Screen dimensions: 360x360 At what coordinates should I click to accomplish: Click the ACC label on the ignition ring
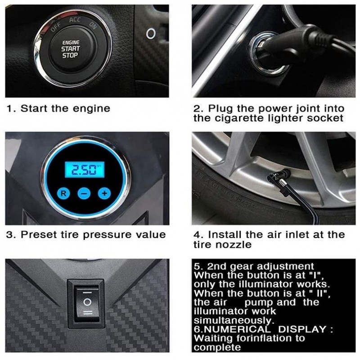(x=75, y=20)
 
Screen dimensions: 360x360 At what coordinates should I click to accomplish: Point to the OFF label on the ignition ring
(x=55, y=27)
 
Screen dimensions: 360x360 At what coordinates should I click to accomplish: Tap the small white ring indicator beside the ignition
(x=151, y=33)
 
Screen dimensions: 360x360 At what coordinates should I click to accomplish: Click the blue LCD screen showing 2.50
(x=84, y=170)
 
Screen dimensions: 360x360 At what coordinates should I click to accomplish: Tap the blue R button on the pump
(x=63, y=193)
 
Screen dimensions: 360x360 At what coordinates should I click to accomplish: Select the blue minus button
(x=84, y=193)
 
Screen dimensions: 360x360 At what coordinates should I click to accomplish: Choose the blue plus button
(x=104, y=193)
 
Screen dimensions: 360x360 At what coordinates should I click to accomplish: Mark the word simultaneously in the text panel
(x=234, y=320)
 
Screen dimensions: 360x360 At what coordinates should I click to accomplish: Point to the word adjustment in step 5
(x=285, y=266)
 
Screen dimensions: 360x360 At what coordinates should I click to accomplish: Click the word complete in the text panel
(x=217, y=347)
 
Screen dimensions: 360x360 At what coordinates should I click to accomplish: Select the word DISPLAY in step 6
(x=302, y=329)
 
